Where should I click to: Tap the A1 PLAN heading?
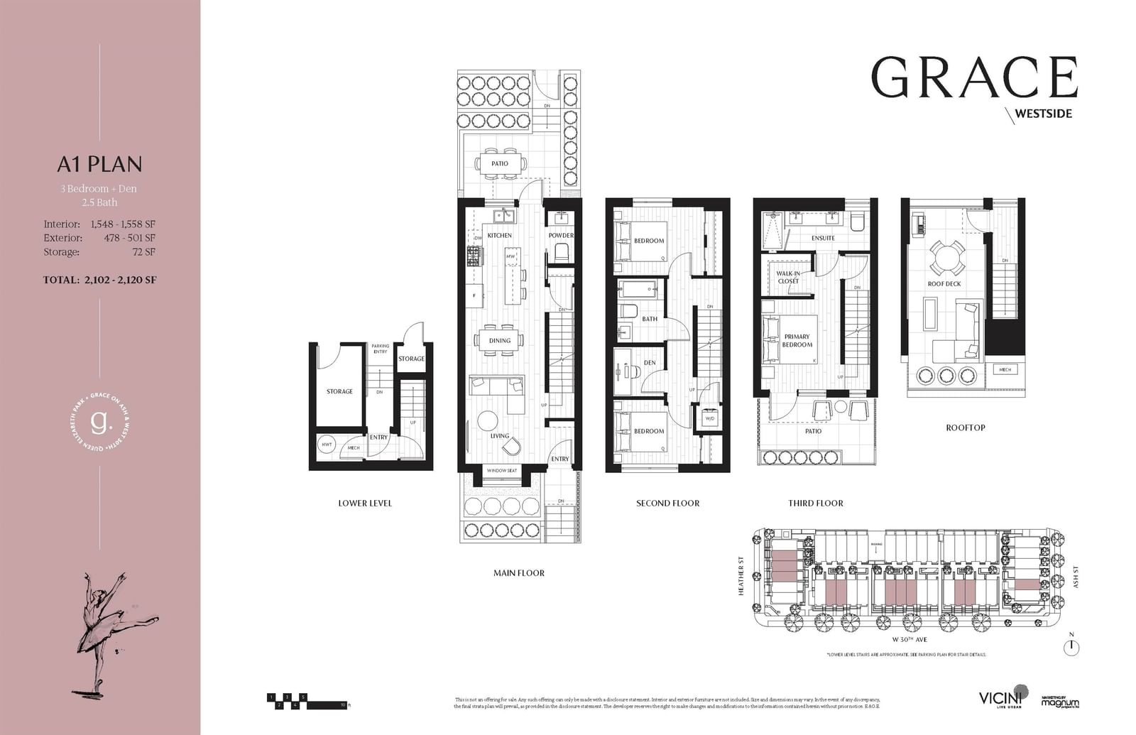(100, 164)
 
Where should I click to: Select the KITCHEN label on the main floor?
(499, 235)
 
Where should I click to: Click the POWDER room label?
(561, 235)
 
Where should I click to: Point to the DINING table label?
(499, 340)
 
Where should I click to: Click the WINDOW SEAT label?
(501, 470)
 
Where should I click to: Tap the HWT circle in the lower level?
(327, 445)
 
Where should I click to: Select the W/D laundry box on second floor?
(709, 418)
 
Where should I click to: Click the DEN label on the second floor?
(650, 363)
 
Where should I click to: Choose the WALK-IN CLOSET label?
(787, 277)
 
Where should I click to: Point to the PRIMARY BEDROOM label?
(797, 341)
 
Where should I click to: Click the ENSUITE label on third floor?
(823, 238)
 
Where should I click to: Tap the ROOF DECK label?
(944, 284)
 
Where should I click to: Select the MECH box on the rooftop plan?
(1005, 369)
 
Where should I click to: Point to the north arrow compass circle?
(1071, 647)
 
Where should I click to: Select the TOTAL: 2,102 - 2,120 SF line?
(99, 280)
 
